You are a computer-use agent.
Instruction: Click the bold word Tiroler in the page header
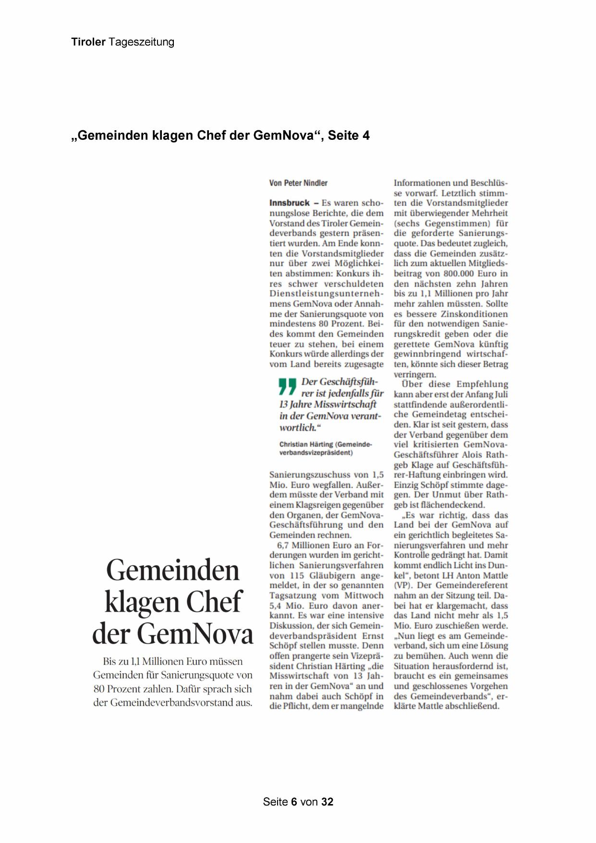click(88, 42)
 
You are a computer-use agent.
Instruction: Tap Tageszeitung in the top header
click(141, 42)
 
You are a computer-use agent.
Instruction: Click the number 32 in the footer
click(328, 802)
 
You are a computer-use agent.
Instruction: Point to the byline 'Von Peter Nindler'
click(298, 183)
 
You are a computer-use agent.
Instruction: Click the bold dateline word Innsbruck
click(290, 203)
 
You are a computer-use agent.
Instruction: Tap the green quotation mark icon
click(287, 387)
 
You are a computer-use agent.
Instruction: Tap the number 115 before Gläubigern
click(297, 576)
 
